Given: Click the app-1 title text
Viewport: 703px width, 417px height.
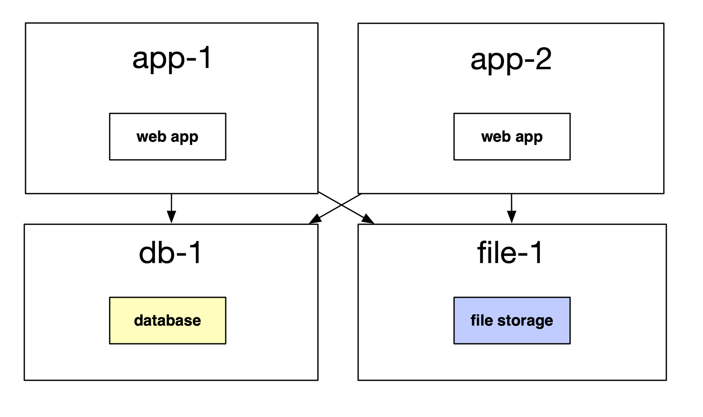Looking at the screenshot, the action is pos(171,59).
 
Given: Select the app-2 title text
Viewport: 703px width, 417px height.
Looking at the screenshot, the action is pos(511,60).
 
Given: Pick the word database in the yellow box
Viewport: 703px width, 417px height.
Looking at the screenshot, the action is pos(168,320).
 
